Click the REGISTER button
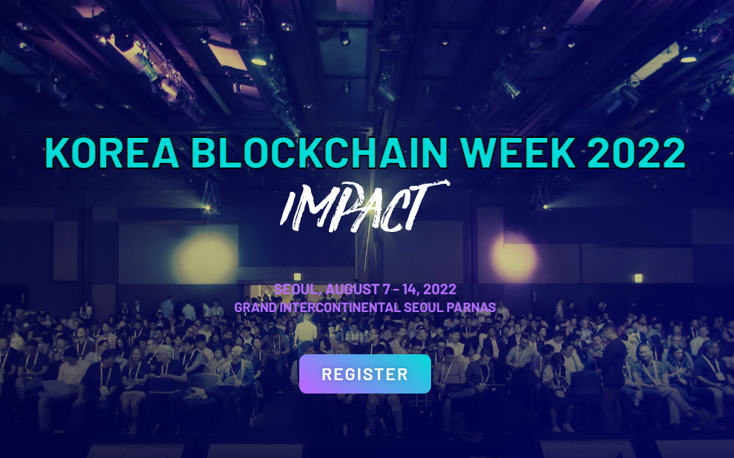[x=364, y=374]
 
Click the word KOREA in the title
[x=113, y=153]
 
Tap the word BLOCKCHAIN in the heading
[x=320, y=153]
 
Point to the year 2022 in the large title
[x=636, y=153]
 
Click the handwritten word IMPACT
[x=364, y=207]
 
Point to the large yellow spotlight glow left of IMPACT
[x=206, y=259]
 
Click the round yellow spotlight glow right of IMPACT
[x=515, y=259]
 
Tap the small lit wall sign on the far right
[x=638, y=278]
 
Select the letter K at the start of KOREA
[x=57, y=153]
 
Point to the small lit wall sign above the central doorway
[x=297, y=276]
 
